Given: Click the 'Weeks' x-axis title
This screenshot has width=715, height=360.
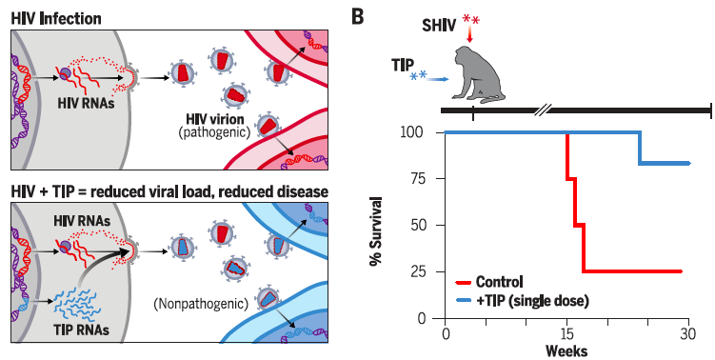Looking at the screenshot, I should click(566, 350).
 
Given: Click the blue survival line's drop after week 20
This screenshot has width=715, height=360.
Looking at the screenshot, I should click(640, 148).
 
